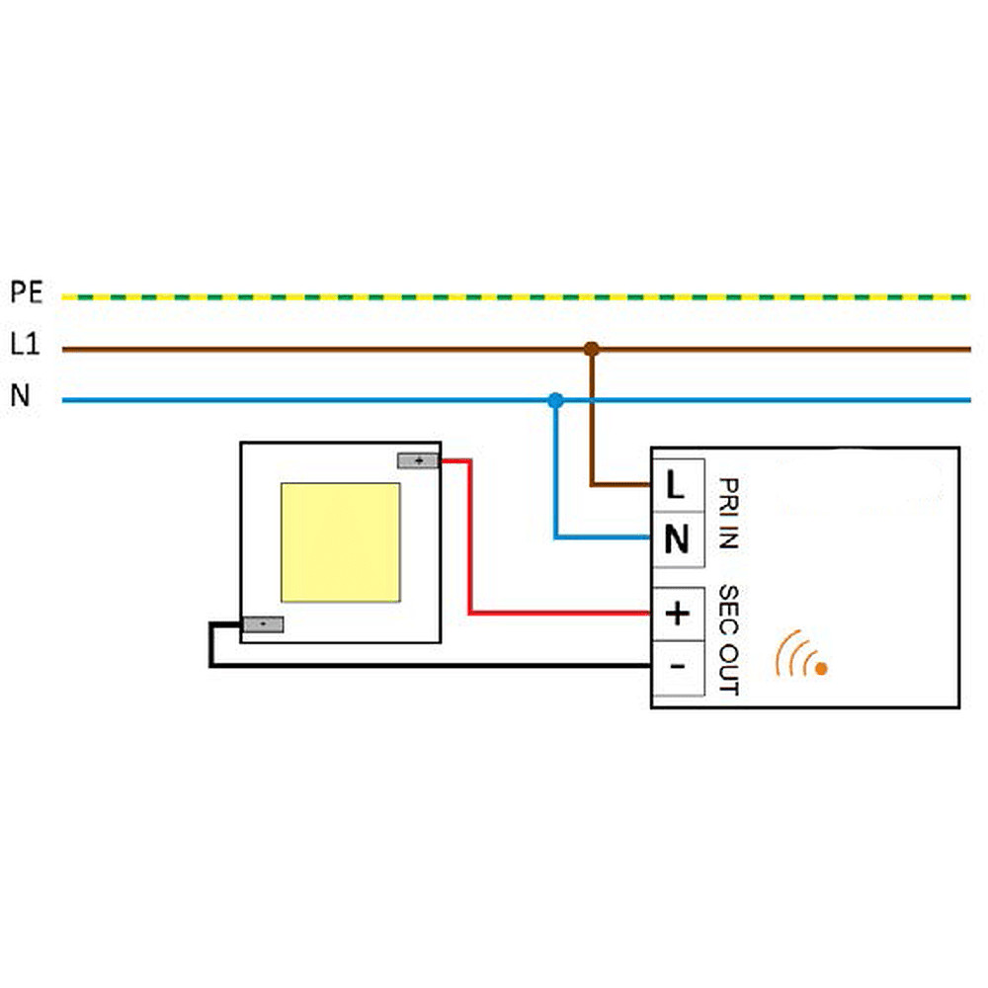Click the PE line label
[27, 293]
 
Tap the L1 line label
[25, 346]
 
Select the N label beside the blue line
[21, 397]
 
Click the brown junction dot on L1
[592, 349]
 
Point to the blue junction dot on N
[555, 401]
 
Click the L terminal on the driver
[677, 485]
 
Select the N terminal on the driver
[677, 539]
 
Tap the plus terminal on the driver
[677, 615]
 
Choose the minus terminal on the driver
[677, 667]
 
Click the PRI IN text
[728, 514]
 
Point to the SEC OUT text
[728, 639]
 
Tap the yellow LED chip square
[340, 542]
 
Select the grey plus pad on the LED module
[418, 460]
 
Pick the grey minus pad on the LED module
[264, 624]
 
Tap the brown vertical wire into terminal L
[592, 425]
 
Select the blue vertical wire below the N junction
[555, 474]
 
